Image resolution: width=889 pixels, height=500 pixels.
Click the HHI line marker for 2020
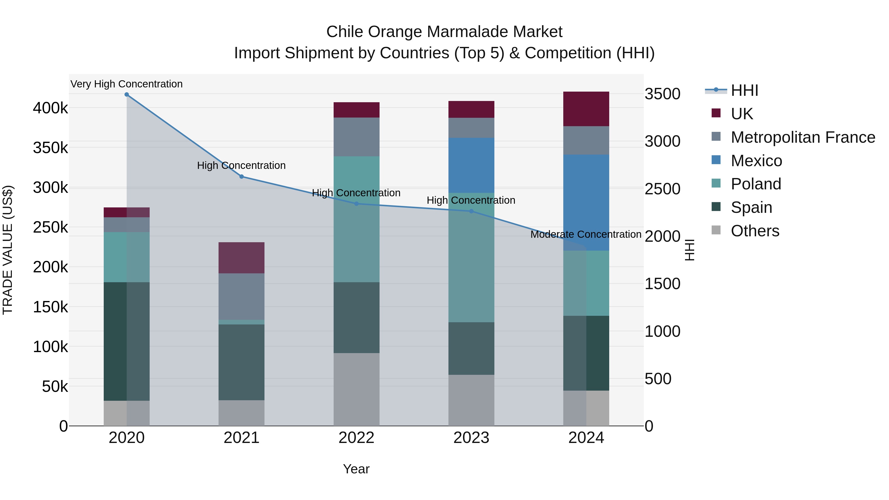pyautogui.click(x=127, y=95)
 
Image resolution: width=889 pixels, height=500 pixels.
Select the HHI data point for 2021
pyautogui.click(x=242, y=177)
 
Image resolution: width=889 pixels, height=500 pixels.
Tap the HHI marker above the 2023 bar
pyautogui.click(x=471, y=211)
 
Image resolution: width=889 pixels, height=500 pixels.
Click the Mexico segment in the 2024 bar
pyautogui.click(x=586, y=202)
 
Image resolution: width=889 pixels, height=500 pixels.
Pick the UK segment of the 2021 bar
pyautogui.click(x=242, y=258)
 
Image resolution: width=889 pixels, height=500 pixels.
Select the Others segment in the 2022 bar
pyautogui.click(x=357, y=389)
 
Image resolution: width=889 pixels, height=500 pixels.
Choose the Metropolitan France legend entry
pyautogui.click(x=803, y=137)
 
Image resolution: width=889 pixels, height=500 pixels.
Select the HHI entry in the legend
pyautogui.click(x=744, y=90)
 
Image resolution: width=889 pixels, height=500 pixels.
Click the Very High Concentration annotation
pyautogui.click(x=127, y=84)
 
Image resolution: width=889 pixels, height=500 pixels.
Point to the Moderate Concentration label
pyautogui.click(x=586, y=234)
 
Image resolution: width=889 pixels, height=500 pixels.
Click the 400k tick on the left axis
pyautogui.click(x=50, y=108)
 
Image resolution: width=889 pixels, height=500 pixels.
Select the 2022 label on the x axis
pyautogui.click(x=357, y=438)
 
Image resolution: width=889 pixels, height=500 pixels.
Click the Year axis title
pyautogui.click(x=356, y=469)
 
